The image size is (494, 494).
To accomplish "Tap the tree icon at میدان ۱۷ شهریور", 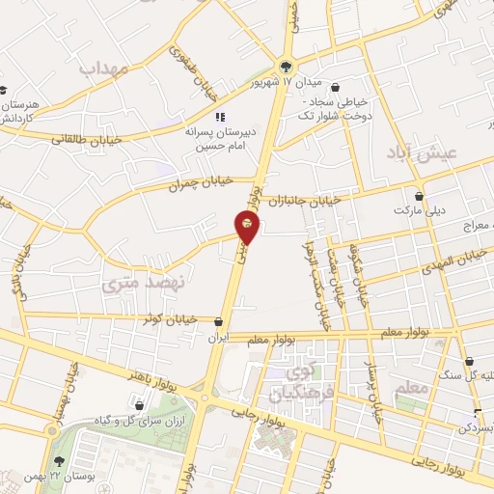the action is [x=285, y=67].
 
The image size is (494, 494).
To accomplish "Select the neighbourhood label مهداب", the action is [x=105, y=69].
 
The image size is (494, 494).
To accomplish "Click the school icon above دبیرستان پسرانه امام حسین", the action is [x=222, y=116].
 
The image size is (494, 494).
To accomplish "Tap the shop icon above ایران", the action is [x=220, y=322].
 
